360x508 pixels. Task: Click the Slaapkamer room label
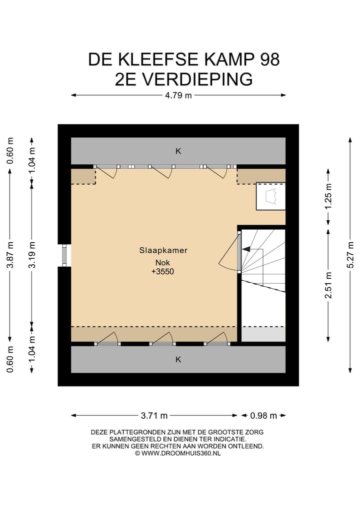(x=163, y=251)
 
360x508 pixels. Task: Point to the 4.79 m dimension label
(x=178, y=96)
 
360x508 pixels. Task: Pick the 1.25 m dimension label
(x=328, y=198)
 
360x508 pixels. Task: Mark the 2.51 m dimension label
(x=328, y=285)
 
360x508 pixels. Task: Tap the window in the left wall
(x=64, y=255)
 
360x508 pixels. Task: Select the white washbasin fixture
(x=270, y=196)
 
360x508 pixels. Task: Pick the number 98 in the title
(x=269, y=60)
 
